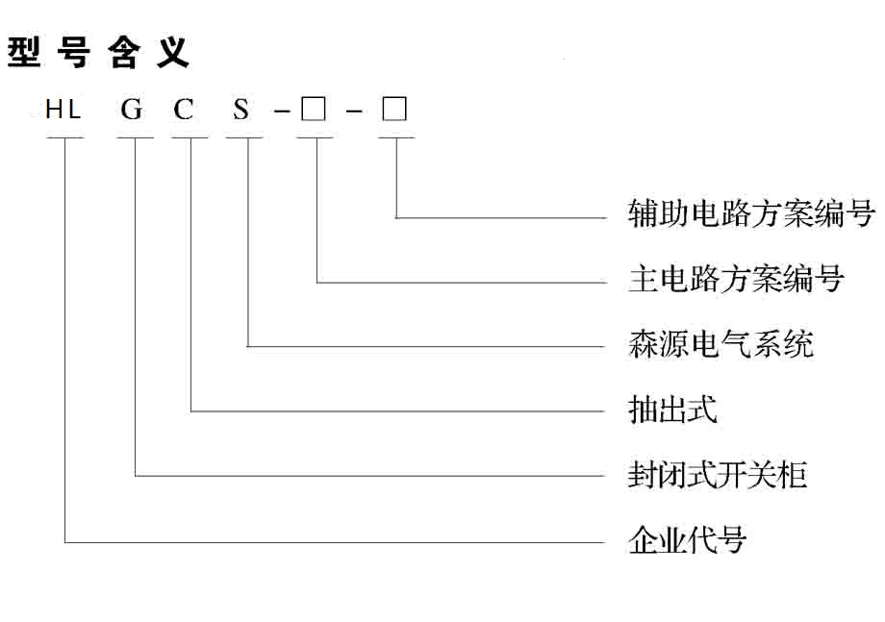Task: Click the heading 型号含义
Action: tap(99, 53)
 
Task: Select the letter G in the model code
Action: tap(132, 111)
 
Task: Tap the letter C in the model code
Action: tap(184, 111)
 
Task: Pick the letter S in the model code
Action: tap(240, 111)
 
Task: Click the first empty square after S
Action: tap(313, 110)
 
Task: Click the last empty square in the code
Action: tap(394, 110)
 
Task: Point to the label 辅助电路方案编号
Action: tap(751, 213)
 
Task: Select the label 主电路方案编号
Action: tap(736, 279)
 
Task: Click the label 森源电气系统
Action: tap(721, 343)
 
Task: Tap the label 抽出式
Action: tap(672, 411)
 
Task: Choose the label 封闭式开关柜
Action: tap(718, 475)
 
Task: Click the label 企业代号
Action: tap(687, 540)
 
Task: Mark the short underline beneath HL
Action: tap(64, 138)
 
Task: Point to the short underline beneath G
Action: tap(135, 138)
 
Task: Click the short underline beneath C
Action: tap(190, 138)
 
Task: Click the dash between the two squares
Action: tap(354, 112)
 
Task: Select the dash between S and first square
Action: tap(281, 112)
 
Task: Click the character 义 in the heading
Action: tap(174, 53)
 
